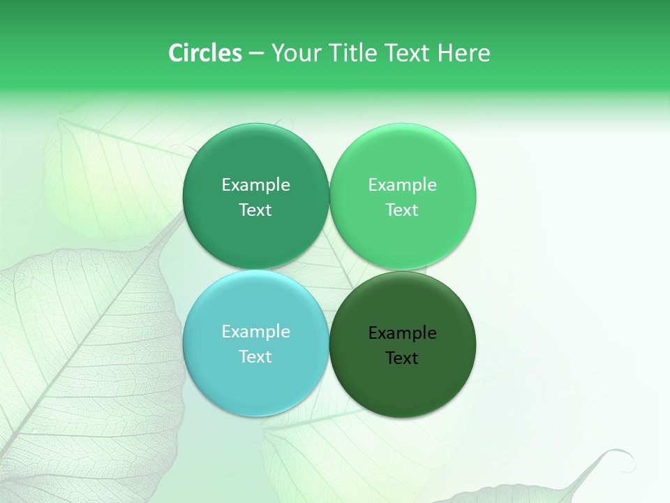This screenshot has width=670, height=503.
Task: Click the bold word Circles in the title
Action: [204, 53]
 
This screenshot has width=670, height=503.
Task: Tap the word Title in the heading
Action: [353, 53]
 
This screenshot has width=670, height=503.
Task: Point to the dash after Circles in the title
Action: [256, 54]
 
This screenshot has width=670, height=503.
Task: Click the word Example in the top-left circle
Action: [255, 184]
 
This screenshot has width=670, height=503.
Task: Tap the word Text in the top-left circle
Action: [255, 210]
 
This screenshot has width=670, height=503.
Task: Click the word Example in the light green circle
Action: [402, 184]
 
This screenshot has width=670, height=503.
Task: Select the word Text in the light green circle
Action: [402, 210]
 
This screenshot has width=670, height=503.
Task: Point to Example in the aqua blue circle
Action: [255, 331]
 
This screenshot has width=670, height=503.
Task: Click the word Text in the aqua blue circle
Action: [255, 356]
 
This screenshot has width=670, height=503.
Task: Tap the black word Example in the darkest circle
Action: [402, 333]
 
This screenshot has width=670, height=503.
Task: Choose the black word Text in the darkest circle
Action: [402, 358]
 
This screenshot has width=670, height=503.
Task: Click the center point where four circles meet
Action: [329, 270]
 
